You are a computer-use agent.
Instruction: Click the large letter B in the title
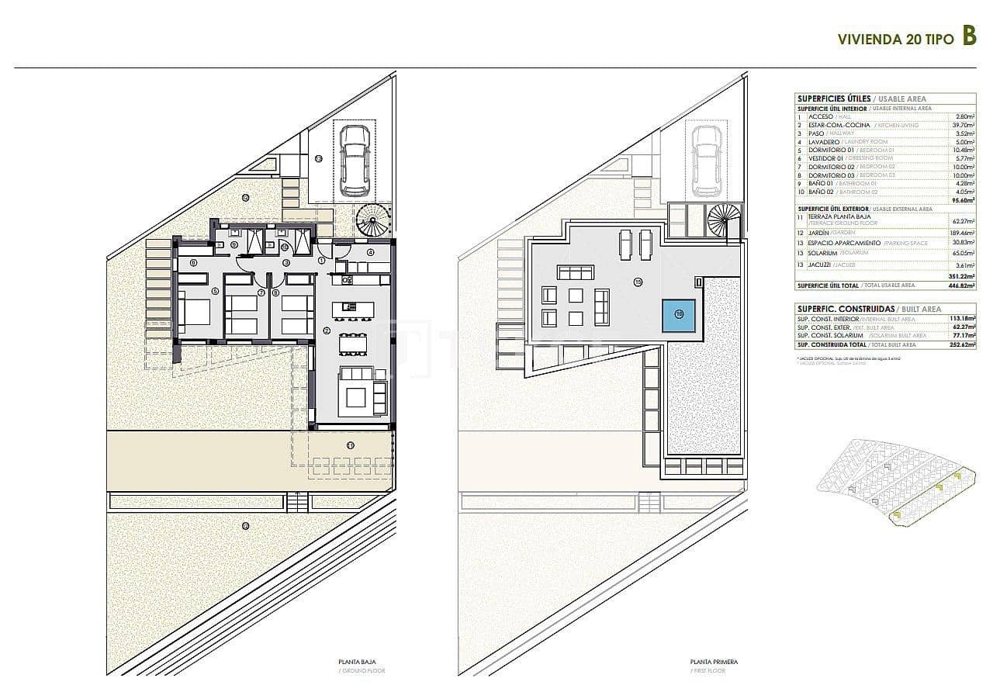coord(968,36)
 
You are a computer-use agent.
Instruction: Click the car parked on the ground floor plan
coord(354,161)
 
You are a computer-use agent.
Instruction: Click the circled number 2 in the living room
coord(328,329)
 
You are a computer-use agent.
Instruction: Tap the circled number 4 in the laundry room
coord(371,252)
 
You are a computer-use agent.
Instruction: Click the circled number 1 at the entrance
coord(322,261)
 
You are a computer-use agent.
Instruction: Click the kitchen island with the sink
coord(353,309)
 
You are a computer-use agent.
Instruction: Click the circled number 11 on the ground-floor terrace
coord(351,445)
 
